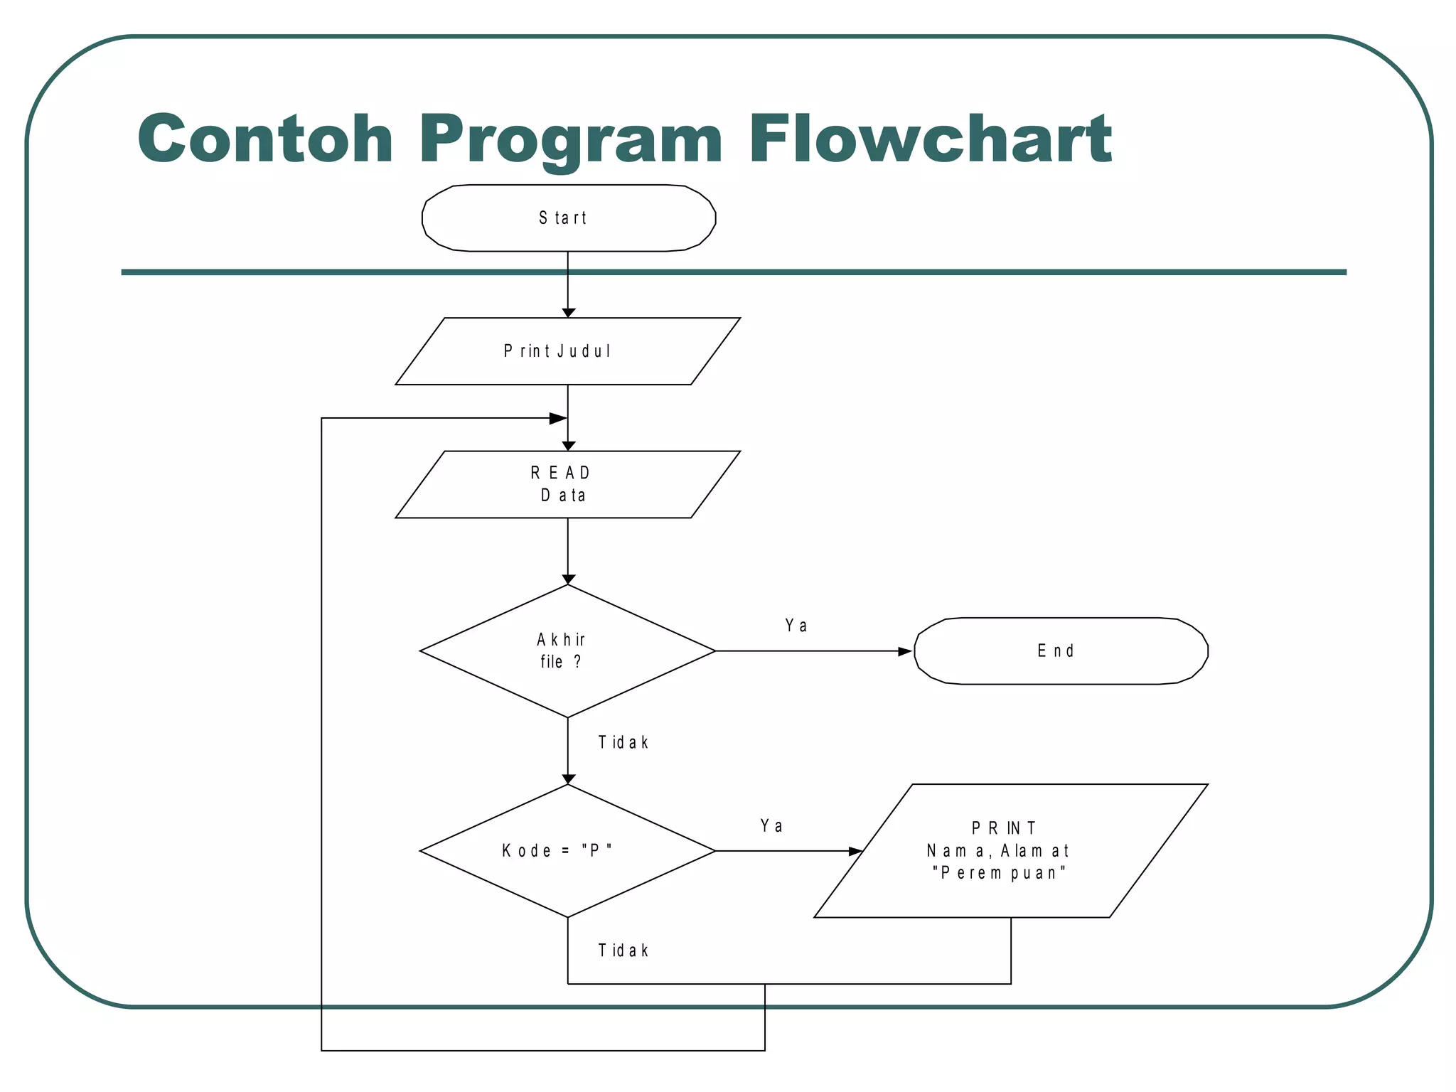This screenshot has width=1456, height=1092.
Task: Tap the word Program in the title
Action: pyautogui.click(x=571, y=139)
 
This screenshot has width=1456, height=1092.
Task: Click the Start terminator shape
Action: pyautogui.click(x=568, y=218)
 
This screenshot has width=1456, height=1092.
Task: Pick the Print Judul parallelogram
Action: pyautogui.click(x=567, y=351)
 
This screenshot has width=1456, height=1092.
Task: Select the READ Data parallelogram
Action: pyautogui.click(x=567, y=484)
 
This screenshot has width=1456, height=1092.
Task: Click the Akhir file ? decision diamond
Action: pyautogui.click(x=567, y=651)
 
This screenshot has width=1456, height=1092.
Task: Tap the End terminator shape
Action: pyautogui.click(x=1060, y=651)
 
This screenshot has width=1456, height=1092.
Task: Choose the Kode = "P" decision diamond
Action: pyautogui.click(x=567, y=850)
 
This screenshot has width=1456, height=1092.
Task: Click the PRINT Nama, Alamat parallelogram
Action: pyautogui.click(x=1010, y=850)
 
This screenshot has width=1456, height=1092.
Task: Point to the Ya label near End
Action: pyautogui.click(x=796, y=626)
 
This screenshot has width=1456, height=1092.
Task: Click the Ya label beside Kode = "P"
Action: pyautogui.click(x=771, y=826)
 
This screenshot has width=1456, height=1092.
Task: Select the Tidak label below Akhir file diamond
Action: pyautogui.click(x=623, y=743)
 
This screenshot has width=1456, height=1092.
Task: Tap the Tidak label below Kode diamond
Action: pyautogui.click(x=623, y=951)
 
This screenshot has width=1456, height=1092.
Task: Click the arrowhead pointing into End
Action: pyautogui.click(x=905, y=651)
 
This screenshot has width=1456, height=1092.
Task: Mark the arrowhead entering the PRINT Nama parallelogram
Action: pyautogui.click(x=855, y=851)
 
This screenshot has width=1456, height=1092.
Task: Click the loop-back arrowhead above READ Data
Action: pyautogui.click(x=558, y=419)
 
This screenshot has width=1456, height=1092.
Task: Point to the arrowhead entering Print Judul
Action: pyautogui.click(x=568, y=313)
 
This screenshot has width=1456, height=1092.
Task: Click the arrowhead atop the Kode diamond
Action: pyautogui.click(x=568, y=779)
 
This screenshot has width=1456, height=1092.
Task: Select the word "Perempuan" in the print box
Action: pyautogui.click(x=999, y=873)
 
